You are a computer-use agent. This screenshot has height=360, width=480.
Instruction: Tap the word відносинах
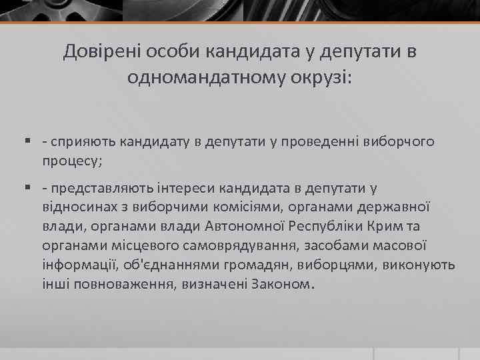[81, 208]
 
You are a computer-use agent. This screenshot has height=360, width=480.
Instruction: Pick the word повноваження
[123, 283]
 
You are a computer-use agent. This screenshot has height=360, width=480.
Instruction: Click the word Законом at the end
[279, 283]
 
